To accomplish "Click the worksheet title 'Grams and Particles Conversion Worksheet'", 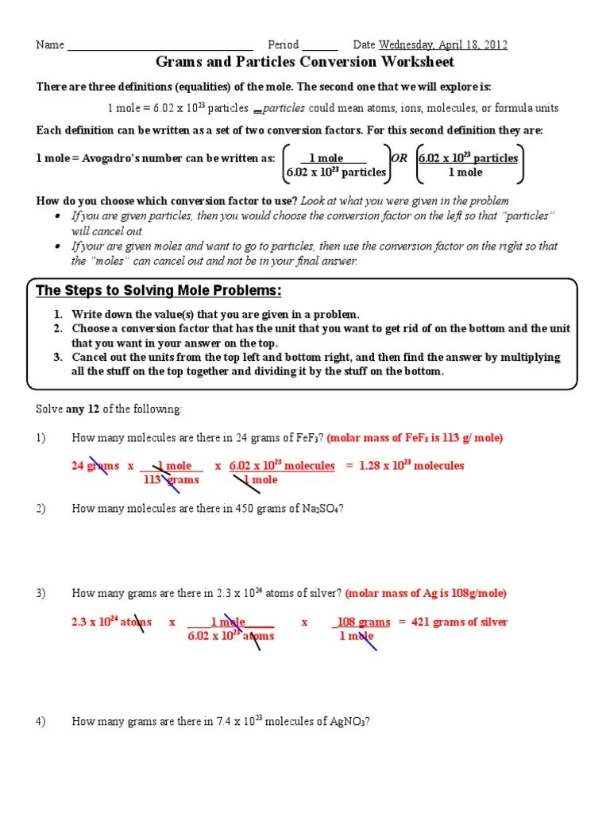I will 304,62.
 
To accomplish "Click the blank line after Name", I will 160,46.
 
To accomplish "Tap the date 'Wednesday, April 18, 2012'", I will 443,45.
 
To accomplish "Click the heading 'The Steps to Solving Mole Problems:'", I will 159,290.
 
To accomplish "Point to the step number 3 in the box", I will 58,358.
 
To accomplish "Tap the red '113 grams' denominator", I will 171,480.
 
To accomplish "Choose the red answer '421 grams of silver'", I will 458,622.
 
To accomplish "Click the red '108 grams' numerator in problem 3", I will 363,622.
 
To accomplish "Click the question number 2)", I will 41,509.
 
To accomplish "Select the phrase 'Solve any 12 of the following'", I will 109,409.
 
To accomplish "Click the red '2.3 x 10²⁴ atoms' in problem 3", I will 111,622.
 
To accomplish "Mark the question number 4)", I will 41,722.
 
